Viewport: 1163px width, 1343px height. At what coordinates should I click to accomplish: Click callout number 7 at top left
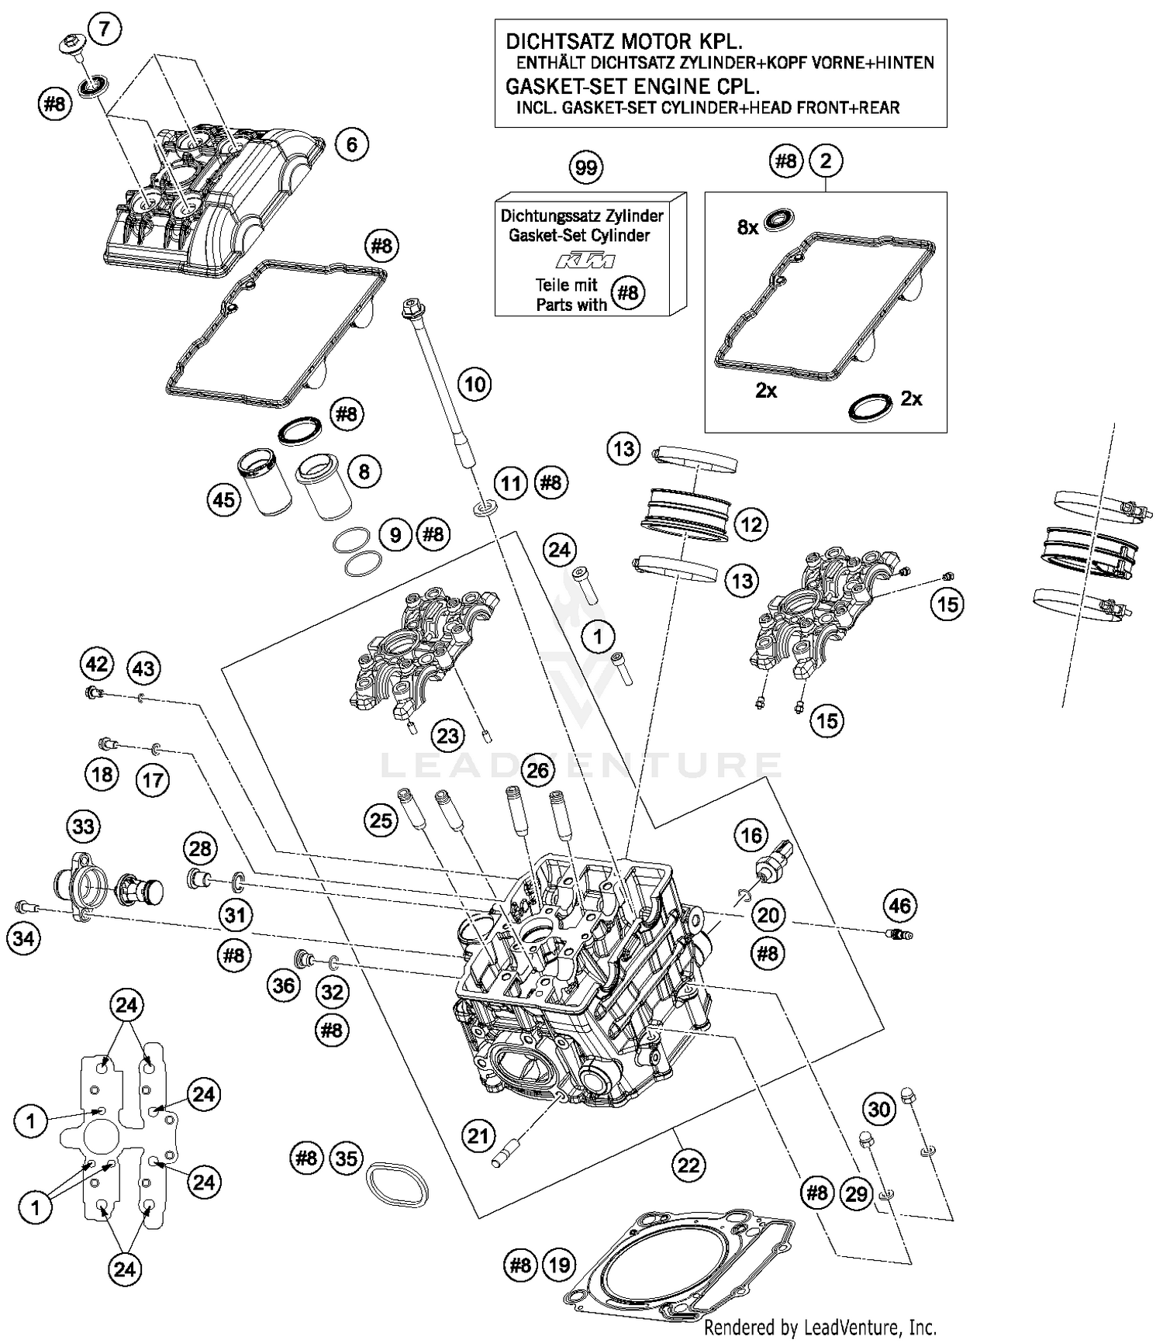tap(105, 29)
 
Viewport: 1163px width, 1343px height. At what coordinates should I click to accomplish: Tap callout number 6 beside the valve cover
tap(352, 144)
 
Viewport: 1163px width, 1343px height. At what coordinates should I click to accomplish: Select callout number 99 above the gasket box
tap(586, 167)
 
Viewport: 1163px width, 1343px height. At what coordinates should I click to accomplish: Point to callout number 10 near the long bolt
tap(475, 384)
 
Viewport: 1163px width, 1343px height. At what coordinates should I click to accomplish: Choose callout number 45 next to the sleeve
tap(224, 500)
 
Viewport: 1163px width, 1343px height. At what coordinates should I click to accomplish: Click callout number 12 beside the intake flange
tap(751, 525)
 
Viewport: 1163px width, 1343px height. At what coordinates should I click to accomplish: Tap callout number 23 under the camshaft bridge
tap(448, 735)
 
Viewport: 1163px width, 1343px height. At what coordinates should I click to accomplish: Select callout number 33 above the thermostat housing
tap(83, 827)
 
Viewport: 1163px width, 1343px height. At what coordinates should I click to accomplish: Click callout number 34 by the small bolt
tap(24, 939)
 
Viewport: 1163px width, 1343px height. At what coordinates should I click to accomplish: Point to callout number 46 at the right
tap(899, 905)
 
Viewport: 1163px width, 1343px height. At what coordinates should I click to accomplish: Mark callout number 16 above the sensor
tap(751, 835)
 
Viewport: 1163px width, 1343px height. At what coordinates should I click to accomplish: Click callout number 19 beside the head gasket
tap(559, 1266)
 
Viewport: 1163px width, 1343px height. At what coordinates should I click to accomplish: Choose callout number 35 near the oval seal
tap(346, 1158)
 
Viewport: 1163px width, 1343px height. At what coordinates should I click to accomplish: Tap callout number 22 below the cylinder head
tap(688, 1165)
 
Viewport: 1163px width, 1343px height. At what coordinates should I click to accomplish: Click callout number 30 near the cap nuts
tap(878, 1110)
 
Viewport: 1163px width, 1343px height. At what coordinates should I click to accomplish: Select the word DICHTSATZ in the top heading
tap(552, 41)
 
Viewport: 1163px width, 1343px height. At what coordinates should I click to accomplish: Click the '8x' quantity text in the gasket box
tap(747, 227)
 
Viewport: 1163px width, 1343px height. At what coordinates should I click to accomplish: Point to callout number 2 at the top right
tap(825, 161)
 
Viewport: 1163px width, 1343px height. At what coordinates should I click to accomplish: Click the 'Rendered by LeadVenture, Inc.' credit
tap(820, 1327)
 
